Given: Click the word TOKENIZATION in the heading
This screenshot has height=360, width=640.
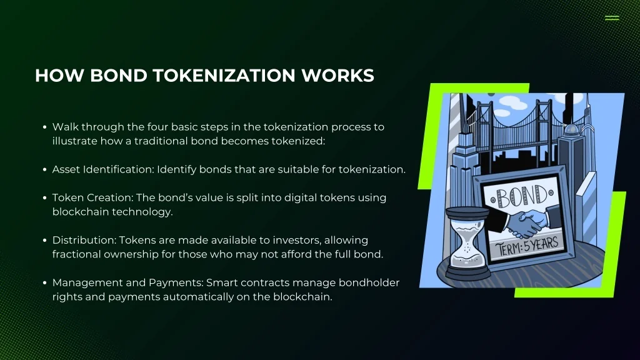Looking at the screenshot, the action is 223,76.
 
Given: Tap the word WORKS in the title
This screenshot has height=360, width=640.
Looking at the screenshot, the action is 337,76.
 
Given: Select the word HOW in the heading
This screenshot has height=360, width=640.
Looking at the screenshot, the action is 59,76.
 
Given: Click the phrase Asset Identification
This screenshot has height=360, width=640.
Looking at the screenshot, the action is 102,169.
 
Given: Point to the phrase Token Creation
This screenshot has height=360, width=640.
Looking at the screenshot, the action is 92,197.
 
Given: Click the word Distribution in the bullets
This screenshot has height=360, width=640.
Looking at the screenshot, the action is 84,240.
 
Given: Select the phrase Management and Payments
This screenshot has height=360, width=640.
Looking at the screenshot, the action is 127,283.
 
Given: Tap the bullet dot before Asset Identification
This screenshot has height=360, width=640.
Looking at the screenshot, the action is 44,170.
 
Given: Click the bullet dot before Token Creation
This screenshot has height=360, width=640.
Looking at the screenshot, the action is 44,198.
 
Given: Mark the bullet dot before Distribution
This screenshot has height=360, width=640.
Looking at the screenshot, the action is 44,241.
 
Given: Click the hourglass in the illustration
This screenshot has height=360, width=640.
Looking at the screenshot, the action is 467,242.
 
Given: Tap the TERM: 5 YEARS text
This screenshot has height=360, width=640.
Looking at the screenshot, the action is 527,246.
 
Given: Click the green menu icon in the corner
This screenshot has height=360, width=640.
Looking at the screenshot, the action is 612,18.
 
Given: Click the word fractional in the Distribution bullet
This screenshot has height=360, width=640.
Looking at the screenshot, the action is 76,254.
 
